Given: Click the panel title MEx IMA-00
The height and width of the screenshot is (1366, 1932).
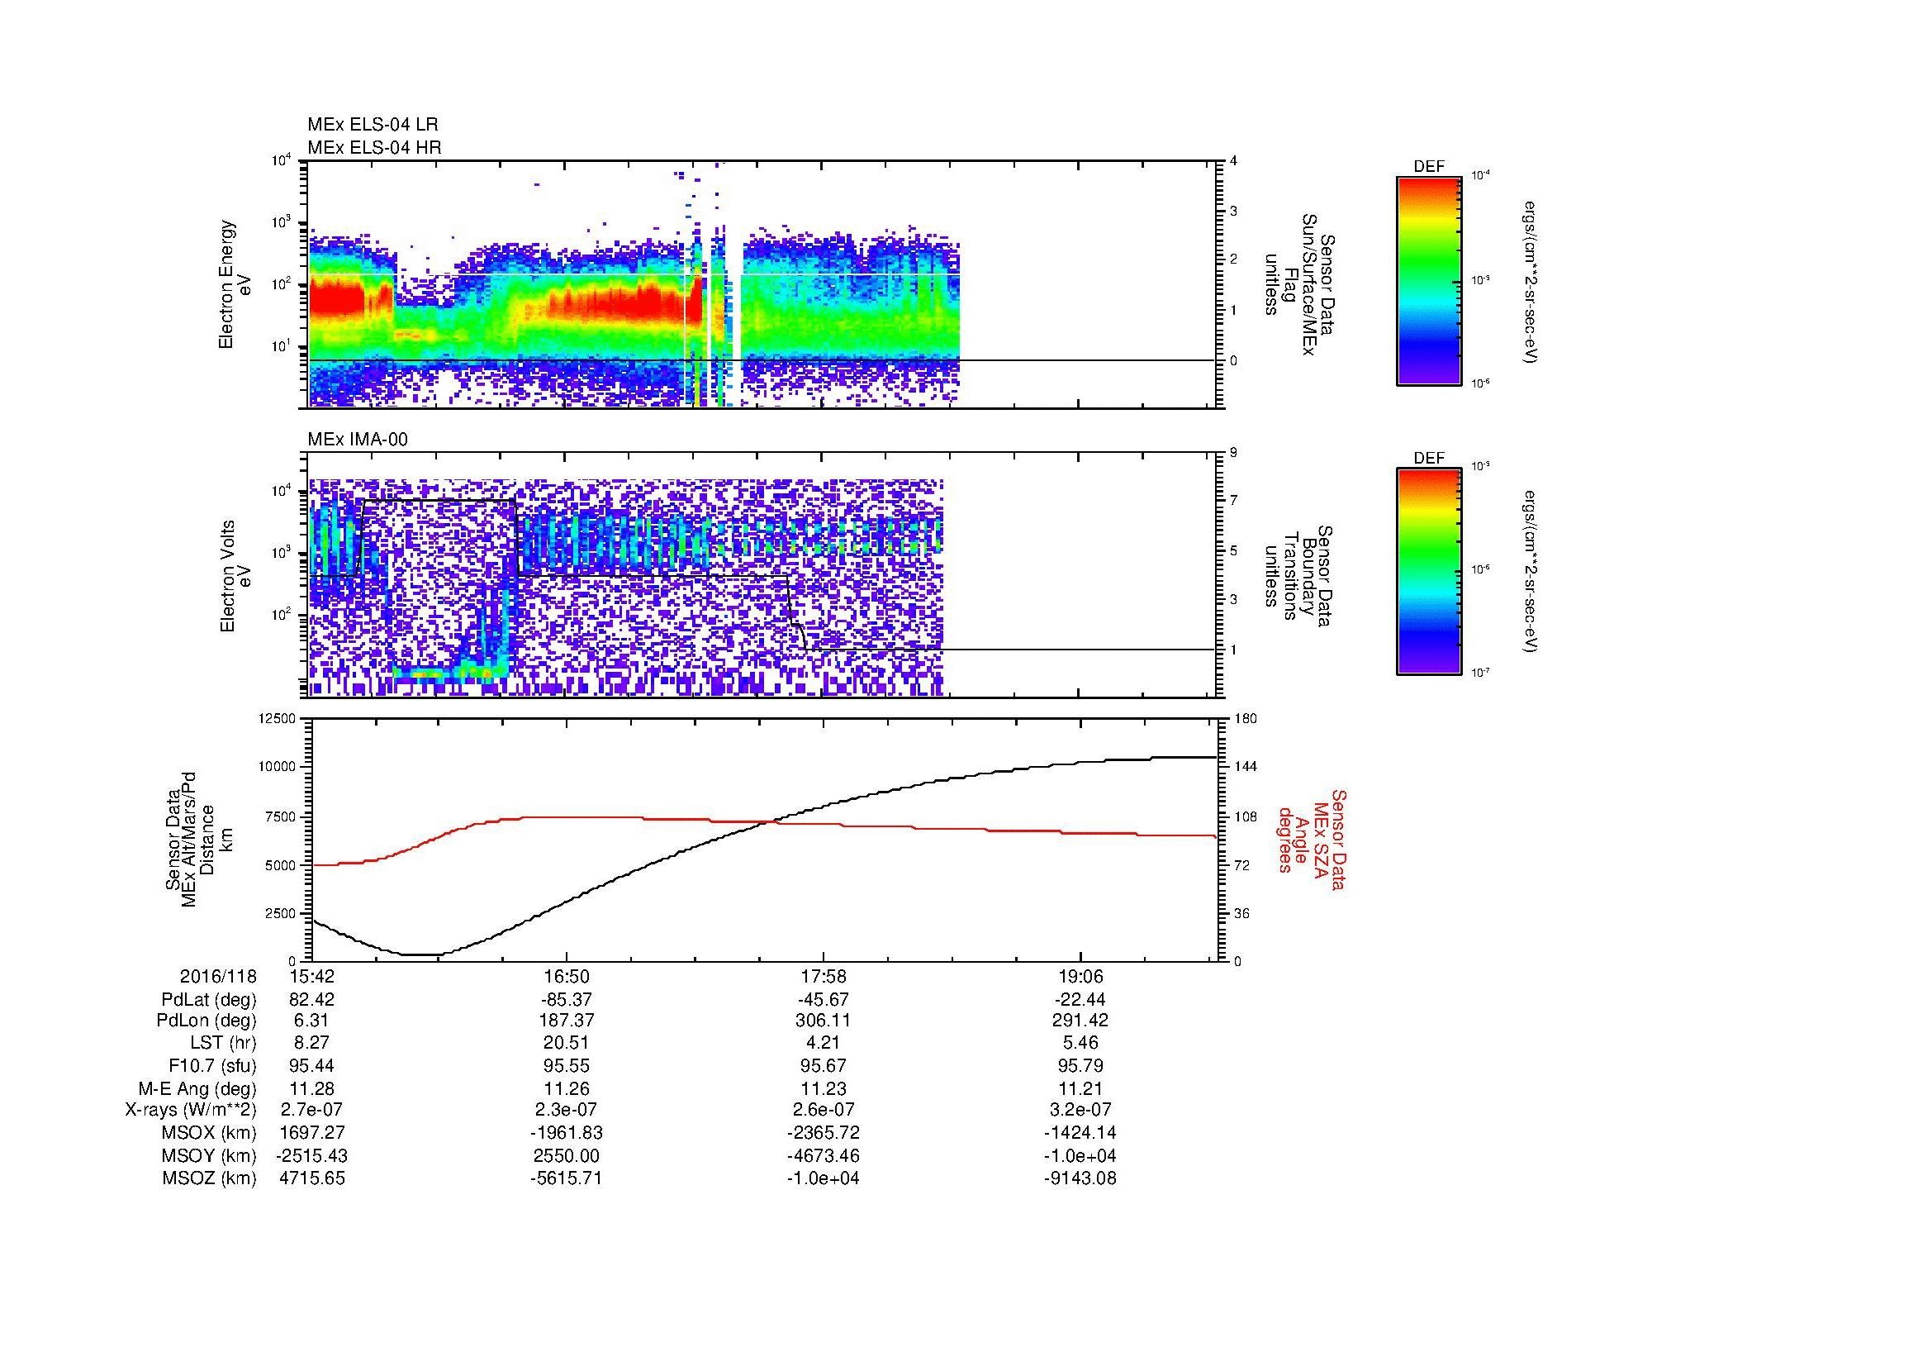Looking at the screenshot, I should pos(358,440).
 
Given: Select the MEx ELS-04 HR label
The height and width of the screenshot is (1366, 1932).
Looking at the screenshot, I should pos(374,147).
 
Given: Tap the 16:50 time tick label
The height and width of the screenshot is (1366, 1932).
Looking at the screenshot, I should pos(567,977).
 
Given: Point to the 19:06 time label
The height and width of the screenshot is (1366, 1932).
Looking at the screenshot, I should pos(1080,977).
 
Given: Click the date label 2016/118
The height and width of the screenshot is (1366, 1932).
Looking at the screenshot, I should pos(218,977).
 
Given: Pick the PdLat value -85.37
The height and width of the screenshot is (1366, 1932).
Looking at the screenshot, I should pos(567,1000).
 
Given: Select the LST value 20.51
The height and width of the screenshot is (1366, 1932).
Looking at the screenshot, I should pos(567,1043).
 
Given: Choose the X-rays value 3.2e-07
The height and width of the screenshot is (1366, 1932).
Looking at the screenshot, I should pos(1080,1110).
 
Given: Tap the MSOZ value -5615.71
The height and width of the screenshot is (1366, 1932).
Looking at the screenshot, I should pos(567,1178).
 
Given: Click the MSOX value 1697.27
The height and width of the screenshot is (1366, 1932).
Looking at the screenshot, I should pos(311,1133).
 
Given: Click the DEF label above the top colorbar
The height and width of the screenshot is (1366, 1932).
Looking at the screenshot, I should pos(1428,167).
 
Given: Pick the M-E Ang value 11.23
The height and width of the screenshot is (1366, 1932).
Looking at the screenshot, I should pos(823,1088).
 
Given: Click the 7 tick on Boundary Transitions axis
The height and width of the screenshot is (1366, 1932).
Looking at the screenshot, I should pos(1233,501).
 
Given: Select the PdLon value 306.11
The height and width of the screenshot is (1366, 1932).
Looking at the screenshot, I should pos(823,1021).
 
